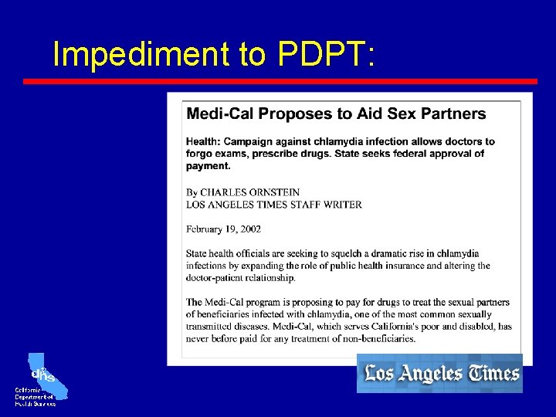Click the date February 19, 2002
pyautogui.click(x=223, y=229)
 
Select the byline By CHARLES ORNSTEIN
pyautogui.click(x=242, y=192)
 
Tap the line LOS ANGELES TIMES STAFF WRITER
pyautogui.click(x=273, y=204)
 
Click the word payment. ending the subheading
pyautogui.click(x=208, y=165)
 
